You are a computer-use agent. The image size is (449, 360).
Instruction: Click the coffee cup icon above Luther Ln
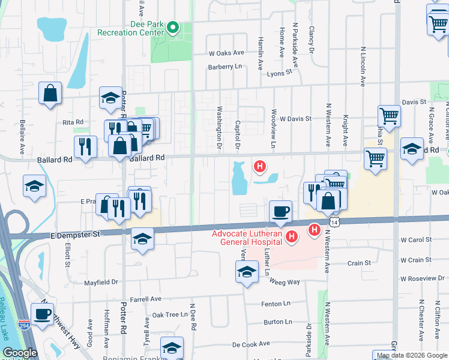pos(280,211)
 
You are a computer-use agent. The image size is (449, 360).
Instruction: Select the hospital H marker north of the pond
pos(260,166)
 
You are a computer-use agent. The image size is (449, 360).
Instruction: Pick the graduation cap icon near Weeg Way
pos(247,272)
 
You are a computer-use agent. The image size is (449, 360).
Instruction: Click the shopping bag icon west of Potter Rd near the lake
pos(50,93)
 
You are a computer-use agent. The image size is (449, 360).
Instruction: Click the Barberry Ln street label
pos(224,67)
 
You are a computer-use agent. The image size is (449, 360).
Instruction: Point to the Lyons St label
pos(279,71)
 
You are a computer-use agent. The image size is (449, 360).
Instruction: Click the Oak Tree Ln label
pos(170,314)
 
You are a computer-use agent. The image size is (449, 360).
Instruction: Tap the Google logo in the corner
pos(20,353)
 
